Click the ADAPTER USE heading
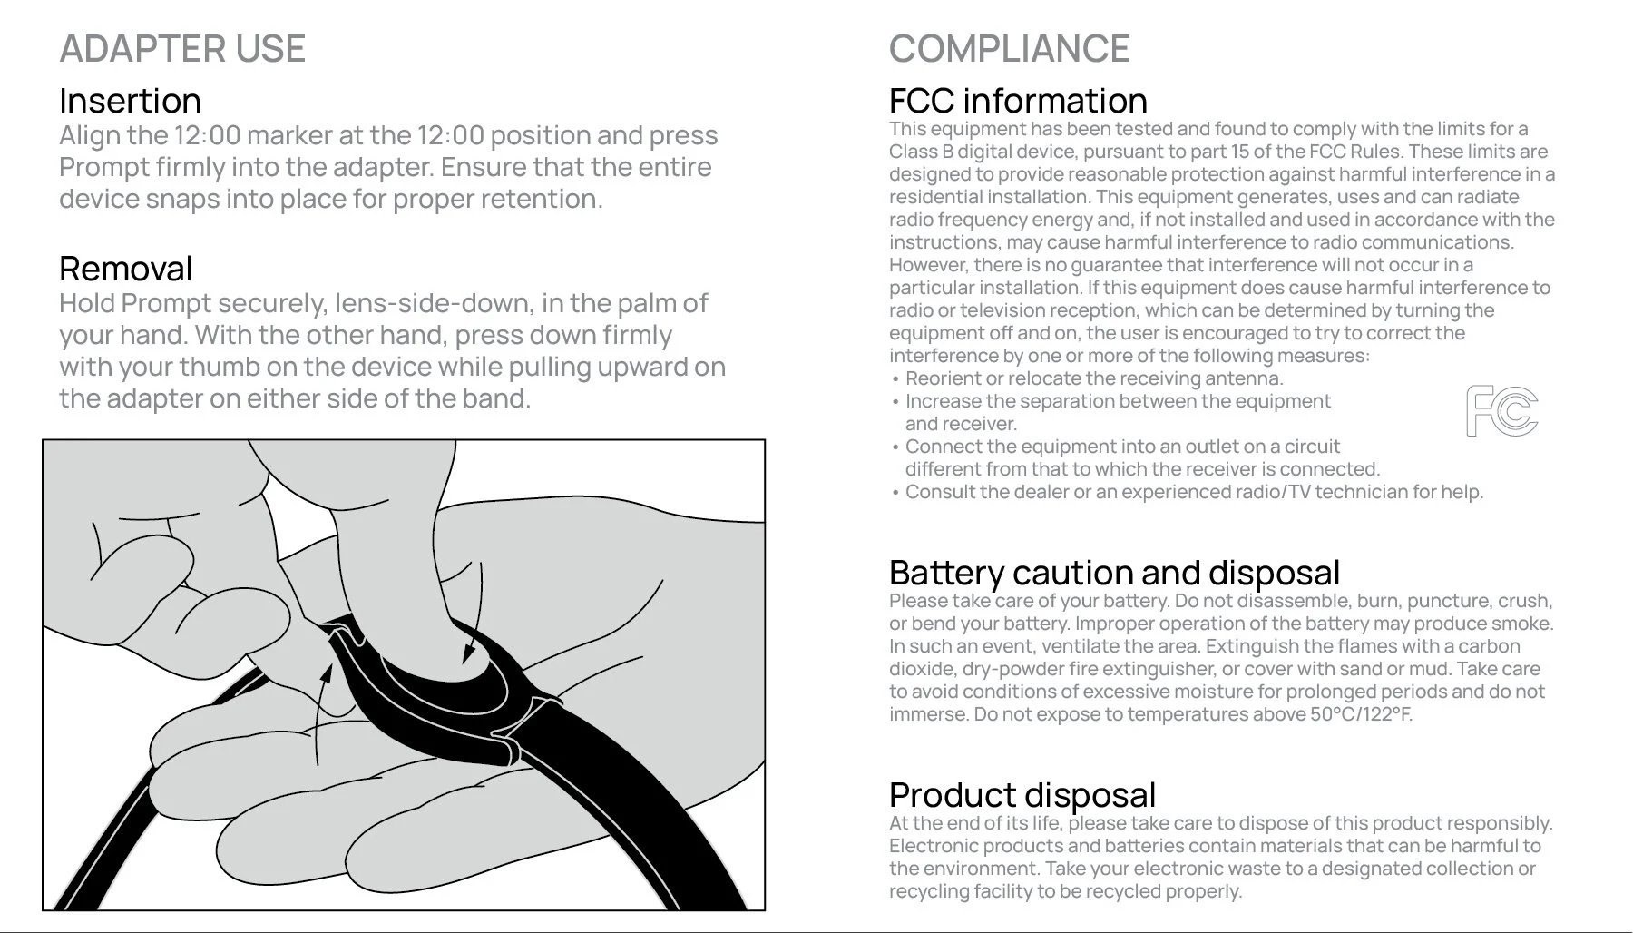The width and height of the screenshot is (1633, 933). tap(182, 49)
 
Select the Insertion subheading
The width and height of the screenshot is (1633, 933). tap(131, 101)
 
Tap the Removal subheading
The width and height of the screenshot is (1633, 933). tap(126, 269)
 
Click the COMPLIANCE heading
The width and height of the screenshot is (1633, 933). tap(1009, 49)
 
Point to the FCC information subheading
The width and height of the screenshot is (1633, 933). tap(1018, 101)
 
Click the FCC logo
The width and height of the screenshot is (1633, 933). tap(1501, 411)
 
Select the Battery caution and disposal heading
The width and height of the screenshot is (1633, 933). tap(1114, 573)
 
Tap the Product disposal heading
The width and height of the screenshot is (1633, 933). tap(1022, 795)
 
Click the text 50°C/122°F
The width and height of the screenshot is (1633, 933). tap(1361, 714)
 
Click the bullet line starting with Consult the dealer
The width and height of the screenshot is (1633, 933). tap(1193, 492)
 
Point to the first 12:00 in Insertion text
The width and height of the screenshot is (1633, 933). tap(208, 135)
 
